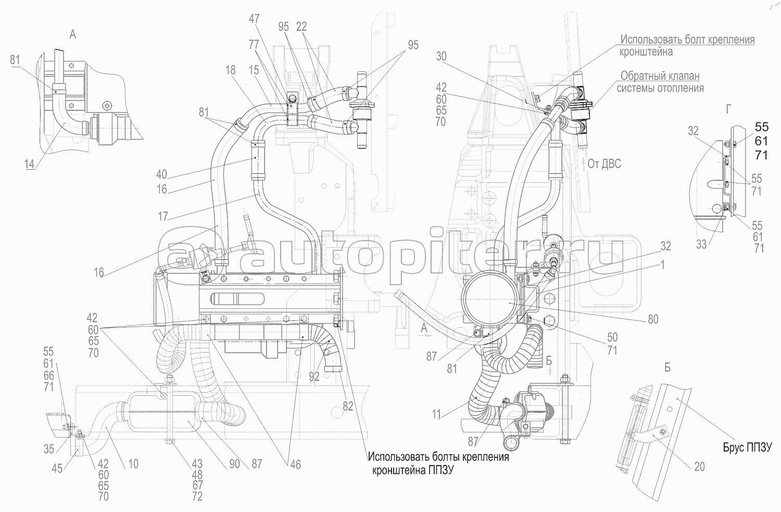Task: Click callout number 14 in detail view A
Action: (x=30, y=165)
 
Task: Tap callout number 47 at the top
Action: (x=254, y=19)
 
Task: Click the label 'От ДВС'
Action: (x=604, y=164)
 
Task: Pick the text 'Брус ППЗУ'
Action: (x=745, y=446)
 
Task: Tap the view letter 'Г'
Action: (x=729, y=109)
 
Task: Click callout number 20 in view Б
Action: (x=700, y=467)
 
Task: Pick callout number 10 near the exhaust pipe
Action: (x=133, y=463)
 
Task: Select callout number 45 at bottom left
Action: (x=57, y=468)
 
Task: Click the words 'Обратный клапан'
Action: (x=660, y=76)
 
